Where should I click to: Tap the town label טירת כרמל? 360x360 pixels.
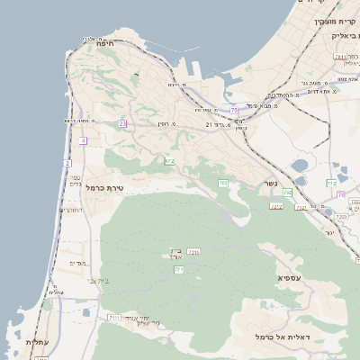(x=106, y=187)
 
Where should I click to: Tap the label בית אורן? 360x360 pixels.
(x=175, y=255)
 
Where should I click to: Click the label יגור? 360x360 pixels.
(x=329, y=232)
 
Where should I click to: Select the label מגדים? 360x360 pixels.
(x=77, y=263)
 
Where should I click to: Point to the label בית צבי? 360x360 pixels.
(x=98, y=281)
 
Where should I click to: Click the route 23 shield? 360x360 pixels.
(x=122, y=123)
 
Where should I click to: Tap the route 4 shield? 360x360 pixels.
(x=83, y=141)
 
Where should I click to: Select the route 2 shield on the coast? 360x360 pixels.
(x=67, y=163)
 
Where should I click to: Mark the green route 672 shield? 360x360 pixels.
(x=169, y=161)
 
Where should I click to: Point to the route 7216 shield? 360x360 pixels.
(x=193, y=252)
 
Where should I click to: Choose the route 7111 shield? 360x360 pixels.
(x=113, y=318)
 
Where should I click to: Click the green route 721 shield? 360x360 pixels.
(x=178, y=269)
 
